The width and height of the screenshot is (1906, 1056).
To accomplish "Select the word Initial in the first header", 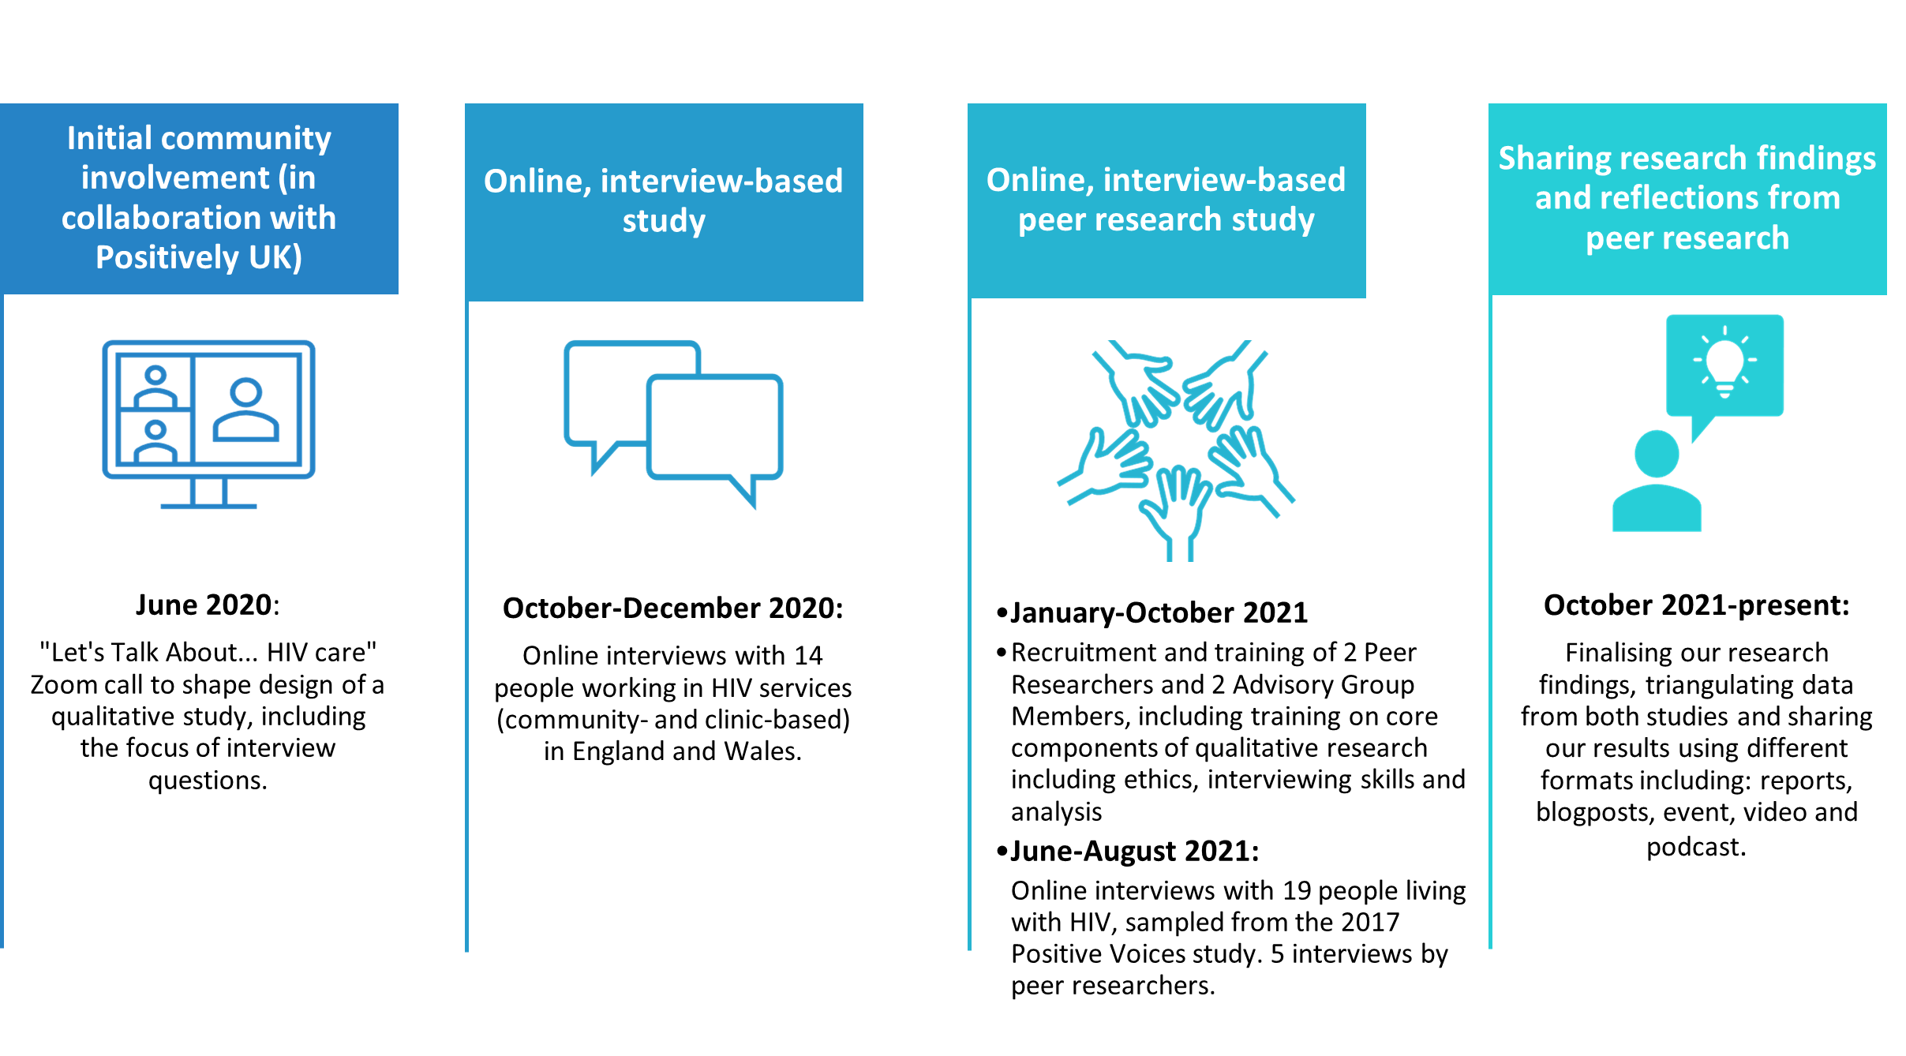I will pos(109,138).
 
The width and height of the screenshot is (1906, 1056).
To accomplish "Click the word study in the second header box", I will pos(664,221).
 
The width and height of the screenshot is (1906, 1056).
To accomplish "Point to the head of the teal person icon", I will pos(1657,453).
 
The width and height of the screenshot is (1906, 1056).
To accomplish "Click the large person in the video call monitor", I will pos(246,410).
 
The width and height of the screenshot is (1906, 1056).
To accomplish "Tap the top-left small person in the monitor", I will pos(155,386).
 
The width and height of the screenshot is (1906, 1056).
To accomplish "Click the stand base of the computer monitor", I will pos(208,506).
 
